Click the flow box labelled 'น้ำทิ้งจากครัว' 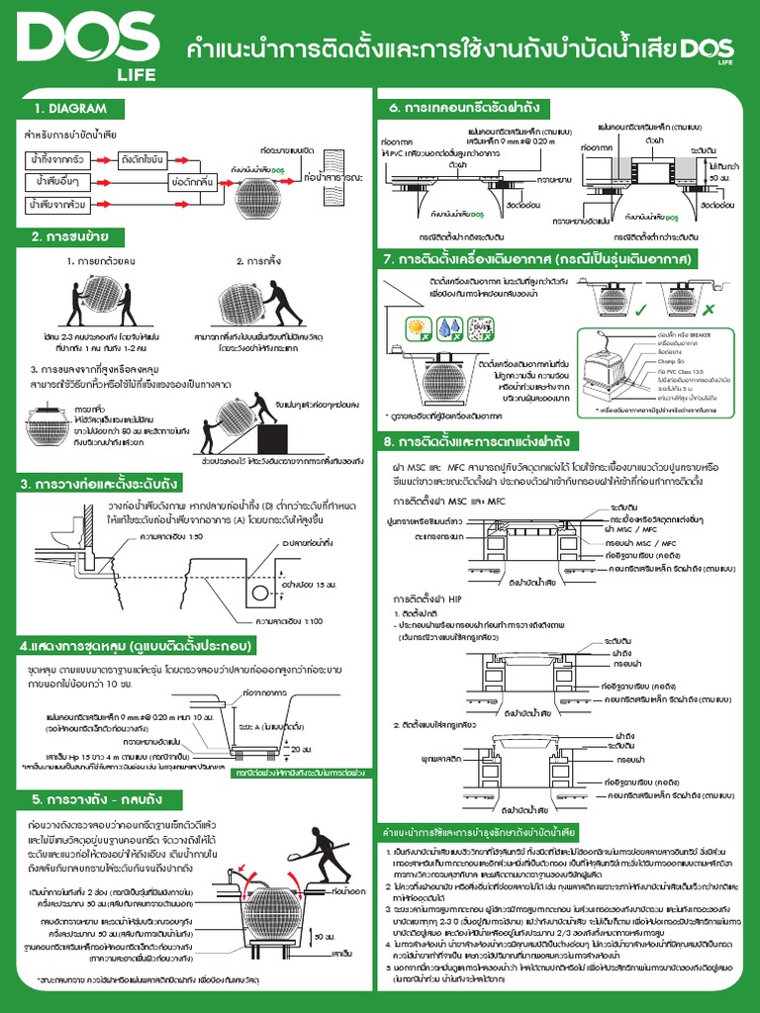[56, 159]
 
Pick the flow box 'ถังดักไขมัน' [141, 159]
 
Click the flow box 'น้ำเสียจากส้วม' [56, 205]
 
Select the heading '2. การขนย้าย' [69, 237]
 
